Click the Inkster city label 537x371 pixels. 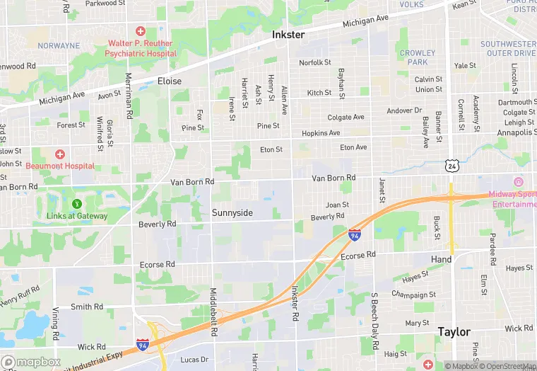tap(288, 35)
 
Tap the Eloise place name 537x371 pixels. tap(170, 81)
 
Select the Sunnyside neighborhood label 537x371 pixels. tap(232, 212)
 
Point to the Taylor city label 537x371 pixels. tap(454, 331)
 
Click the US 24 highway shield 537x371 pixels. tap(452, 165)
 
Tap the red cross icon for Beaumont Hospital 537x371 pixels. tap(60, 154)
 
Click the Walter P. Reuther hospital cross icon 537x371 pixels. tap(140, 31)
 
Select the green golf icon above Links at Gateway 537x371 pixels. tap(68, 193)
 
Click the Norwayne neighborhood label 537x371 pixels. tap(59, 46)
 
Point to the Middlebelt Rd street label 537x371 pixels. tap(213, 312)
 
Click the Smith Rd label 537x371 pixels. tap(87, 307)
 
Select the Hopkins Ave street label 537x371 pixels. tap(321, 133)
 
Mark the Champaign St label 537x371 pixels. tap(413, 295)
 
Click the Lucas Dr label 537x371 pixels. tap(194, 360)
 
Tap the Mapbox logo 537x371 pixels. tap(31, 361)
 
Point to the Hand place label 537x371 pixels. tap(441, 260)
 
